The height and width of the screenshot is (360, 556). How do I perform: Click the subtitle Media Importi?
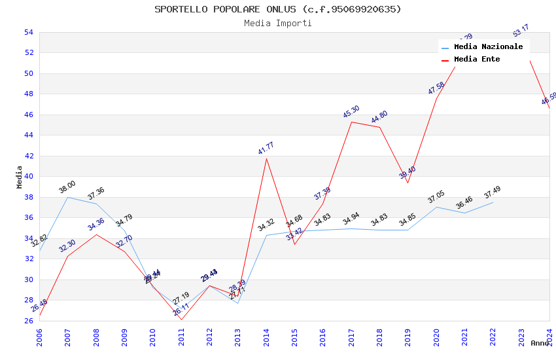tap(278, 24)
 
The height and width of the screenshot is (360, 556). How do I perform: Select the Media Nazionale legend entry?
tap(488, 47)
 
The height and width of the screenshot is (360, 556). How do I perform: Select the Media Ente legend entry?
tap(477, 60)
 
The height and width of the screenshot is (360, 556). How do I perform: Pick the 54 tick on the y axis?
tap(28, 32)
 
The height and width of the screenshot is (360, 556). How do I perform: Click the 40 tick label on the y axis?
tap(28, 177)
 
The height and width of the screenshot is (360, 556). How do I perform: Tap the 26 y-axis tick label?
tap(28, 321)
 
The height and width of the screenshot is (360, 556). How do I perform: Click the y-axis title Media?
tap(20, 177)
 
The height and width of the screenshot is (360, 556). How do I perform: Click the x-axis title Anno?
tap(540, 343)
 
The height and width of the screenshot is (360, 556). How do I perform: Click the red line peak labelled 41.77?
tap(266, 158)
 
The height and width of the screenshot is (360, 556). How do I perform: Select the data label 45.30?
tap(351, 112)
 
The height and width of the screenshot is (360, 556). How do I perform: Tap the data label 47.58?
tap(436, 88)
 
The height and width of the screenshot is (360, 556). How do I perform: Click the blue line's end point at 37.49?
tap(493, 202)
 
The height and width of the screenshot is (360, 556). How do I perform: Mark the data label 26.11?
tap(181, 310)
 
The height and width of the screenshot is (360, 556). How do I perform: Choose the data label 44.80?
tap(379, 117)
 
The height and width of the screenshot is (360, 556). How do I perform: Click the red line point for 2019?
tap(408, 183)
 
